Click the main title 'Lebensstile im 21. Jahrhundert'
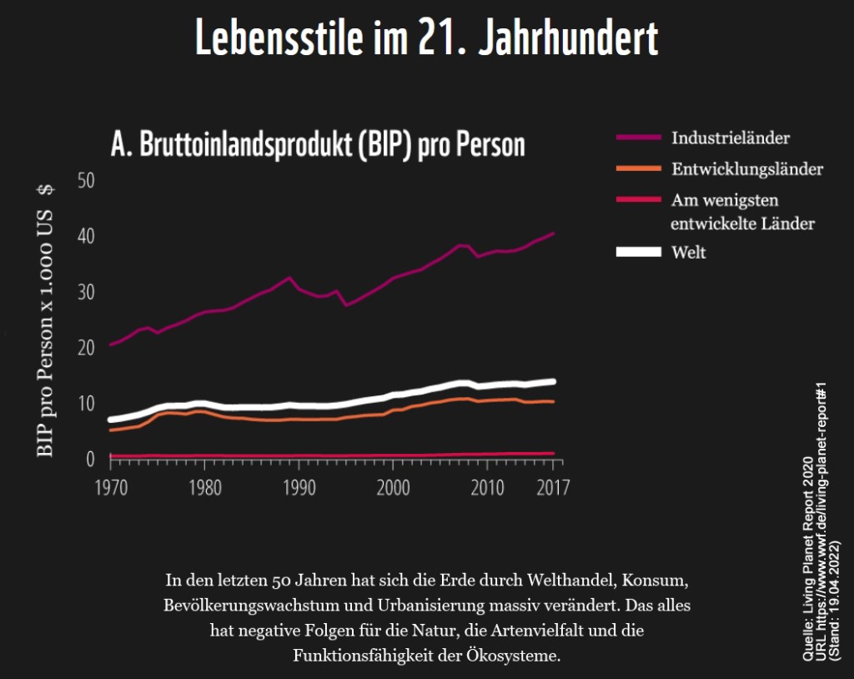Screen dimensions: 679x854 point(426,38)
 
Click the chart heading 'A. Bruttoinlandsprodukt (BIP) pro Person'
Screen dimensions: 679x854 point(318,144)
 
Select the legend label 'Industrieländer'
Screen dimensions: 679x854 point(731,138)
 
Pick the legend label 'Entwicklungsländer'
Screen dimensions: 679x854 point(747,169)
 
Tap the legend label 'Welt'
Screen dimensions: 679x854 point(689,252)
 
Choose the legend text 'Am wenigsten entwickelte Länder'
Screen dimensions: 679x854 point(742,212)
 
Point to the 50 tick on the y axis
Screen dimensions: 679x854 point(87,180)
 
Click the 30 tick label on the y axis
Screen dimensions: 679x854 point(87,292)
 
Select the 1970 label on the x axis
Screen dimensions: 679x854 point(110,488)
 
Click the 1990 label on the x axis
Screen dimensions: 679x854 point(299,488)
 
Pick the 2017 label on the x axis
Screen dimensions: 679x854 point(553,488)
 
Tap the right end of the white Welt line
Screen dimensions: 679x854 point(553,381)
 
